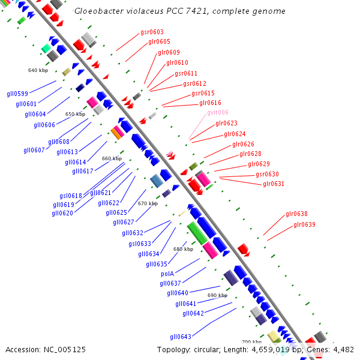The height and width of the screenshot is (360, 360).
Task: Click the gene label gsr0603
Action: point(152,32)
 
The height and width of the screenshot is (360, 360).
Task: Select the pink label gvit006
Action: point(218,112)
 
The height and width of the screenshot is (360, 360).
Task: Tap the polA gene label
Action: point(167,273)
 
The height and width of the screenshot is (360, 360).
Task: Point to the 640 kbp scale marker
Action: point(38,70)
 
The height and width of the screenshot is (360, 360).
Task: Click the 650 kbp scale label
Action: point(75,114)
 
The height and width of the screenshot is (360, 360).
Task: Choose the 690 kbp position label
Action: point(217,295)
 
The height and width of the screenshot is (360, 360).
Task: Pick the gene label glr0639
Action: point(304,224)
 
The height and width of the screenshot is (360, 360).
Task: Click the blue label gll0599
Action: point(17,94)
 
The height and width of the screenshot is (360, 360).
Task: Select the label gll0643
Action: point(181,336)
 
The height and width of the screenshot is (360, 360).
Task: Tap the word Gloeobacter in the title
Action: point(97,11)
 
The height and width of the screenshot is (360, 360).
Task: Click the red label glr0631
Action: point(274,184)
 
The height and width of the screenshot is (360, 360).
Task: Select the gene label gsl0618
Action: point(71,196)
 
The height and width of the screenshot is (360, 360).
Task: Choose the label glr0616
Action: point(210,103)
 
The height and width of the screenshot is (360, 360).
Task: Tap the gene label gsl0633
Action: point(140,244)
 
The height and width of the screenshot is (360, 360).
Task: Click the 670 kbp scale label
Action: point(148,203)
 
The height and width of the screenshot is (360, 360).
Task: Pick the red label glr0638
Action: point(296,214)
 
